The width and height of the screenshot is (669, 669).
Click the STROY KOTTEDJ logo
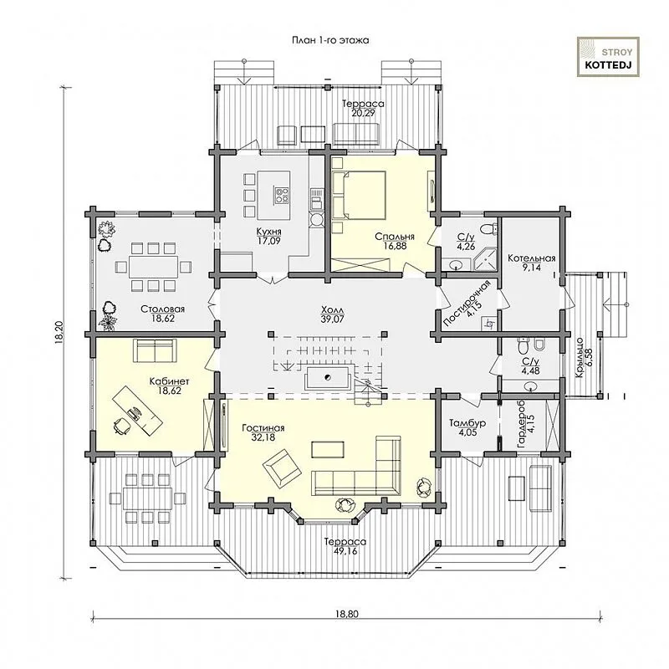(608, 57)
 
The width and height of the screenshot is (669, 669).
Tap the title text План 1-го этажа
(330, 40)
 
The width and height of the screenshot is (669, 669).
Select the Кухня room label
(268, 232)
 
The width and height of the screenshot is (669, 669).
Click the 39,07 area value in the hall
(333, 319)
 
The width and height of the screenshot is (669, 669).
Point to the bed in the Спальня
(360, 195)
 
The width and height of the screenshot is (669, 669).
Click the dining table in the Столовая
(153, 268)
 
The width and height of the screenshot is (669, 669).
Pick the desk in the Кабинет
(137, 411)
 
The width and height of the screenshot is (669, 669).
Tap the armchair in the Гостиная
(282, 470)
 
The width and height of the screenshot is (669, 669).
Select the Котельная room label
(532, 258)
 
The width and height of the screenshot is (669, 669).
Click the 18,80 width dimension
(347, 614)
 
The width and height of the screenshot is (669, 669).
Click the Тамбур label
(467, 423)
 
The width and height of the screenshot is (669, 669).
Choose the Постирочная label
(467, 304)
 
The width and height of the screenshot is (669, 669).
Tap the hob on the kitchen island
(281, 195)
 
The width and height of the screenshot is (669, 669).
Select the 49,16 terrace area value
(345, 551)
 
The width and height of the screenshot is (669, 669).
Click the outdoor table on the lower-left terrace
(148, 498)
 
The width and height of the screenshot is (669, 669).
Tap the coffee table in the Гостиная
(328, 449)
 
